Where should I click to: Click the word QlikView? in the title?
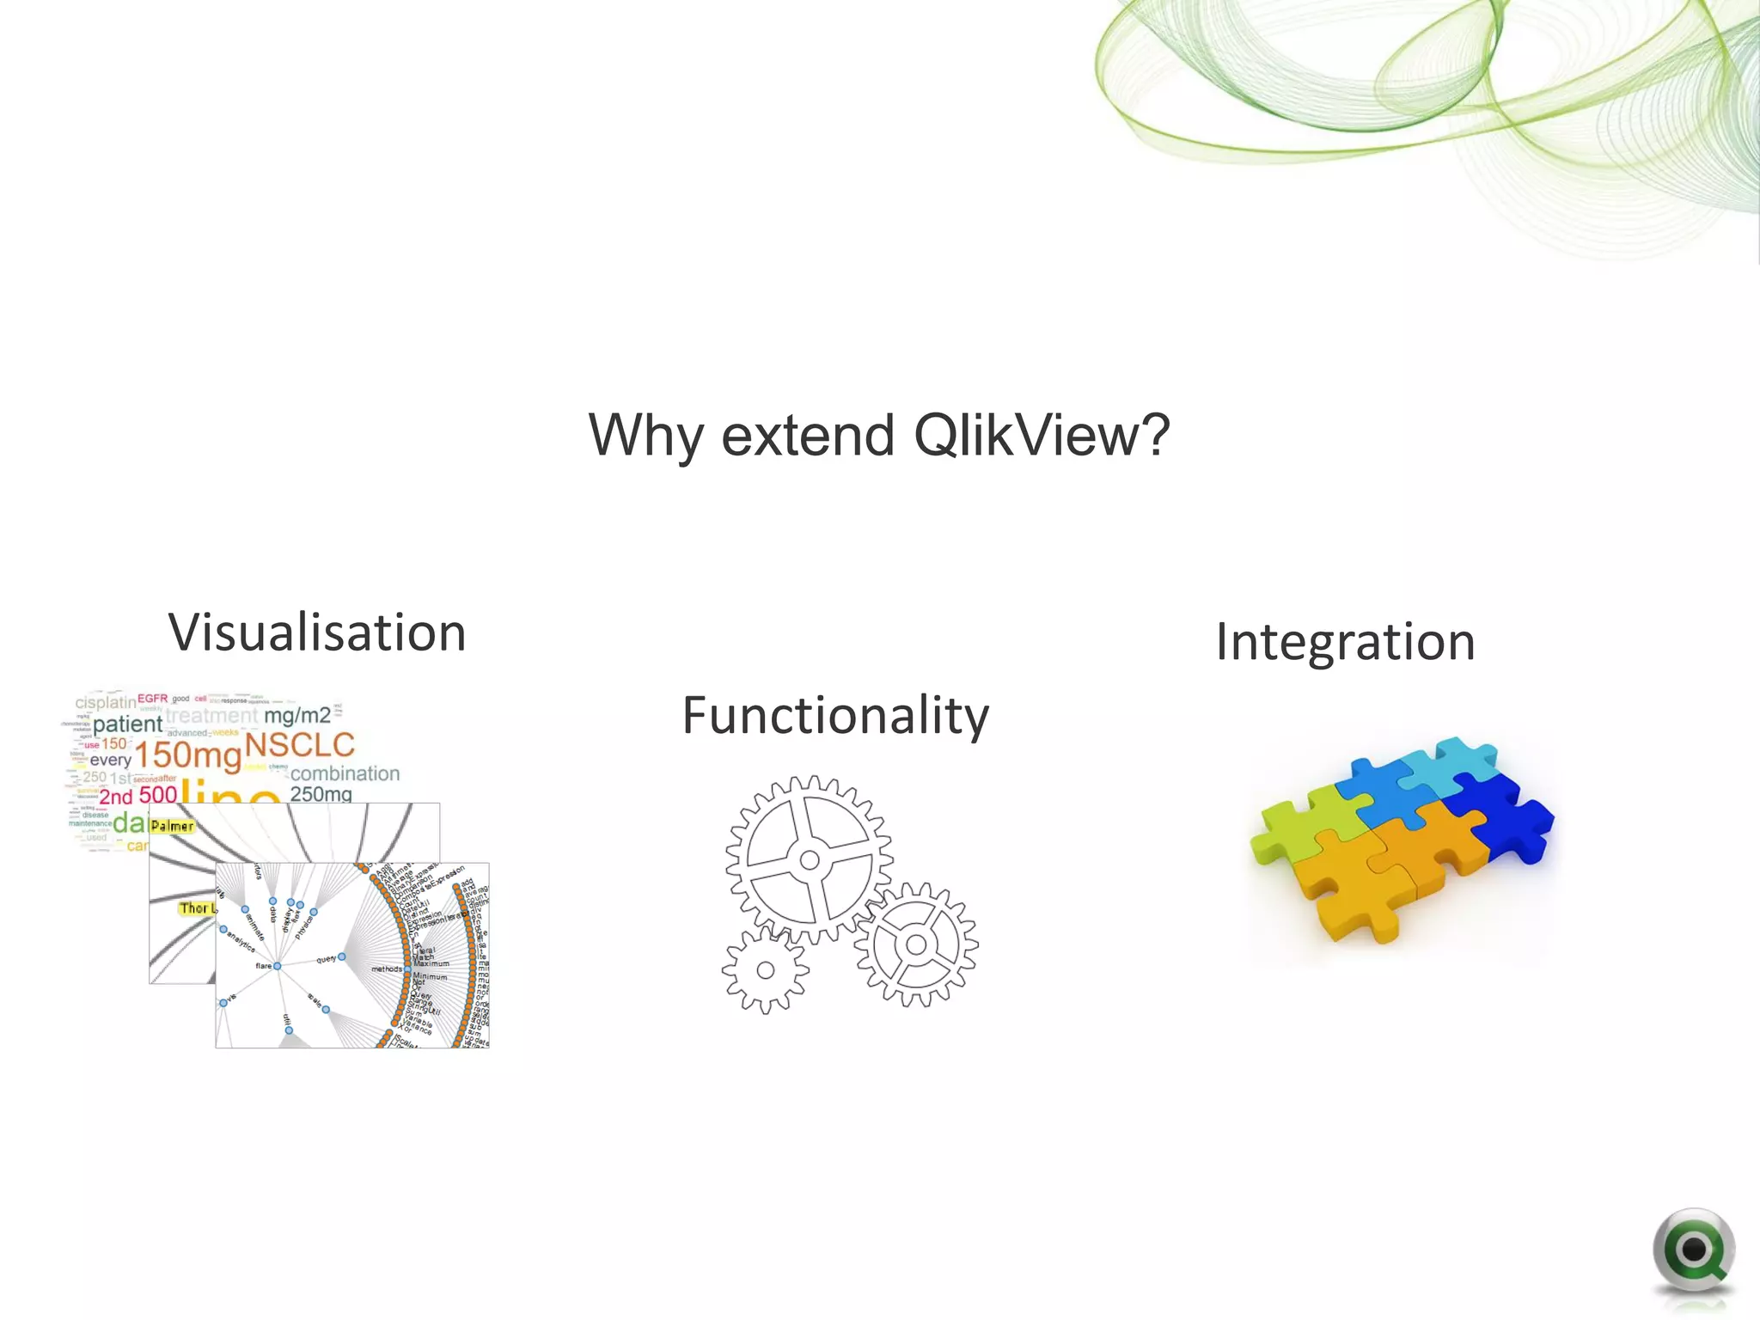[1042, 436]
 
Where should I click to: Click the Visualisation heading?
[317, 632]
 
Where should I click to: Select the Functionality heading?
[835, 715]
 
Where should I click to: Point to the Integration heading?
[1346, 641]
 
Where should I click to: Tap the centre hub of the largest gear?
[810, 859]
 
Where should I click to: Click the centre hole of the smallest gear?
[765, 970]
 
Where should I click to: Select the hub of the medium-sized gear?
[916, 944]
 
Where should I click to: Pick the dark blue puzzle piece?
[1508, 812]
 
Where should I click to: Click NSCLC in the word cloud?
[300, 744]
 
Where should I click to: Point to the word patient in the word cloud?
[127, 724]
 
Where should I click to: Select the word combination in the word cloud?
[345, 773]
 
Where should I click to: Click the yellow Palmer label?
[172, 826]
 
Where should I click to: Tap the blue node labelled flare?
[277, 966]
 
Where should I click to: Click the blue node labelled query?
[342, 956]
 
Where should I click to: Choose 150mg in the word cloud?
[188, 756]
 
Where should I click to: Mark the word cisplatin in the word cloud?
[106, 703]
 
